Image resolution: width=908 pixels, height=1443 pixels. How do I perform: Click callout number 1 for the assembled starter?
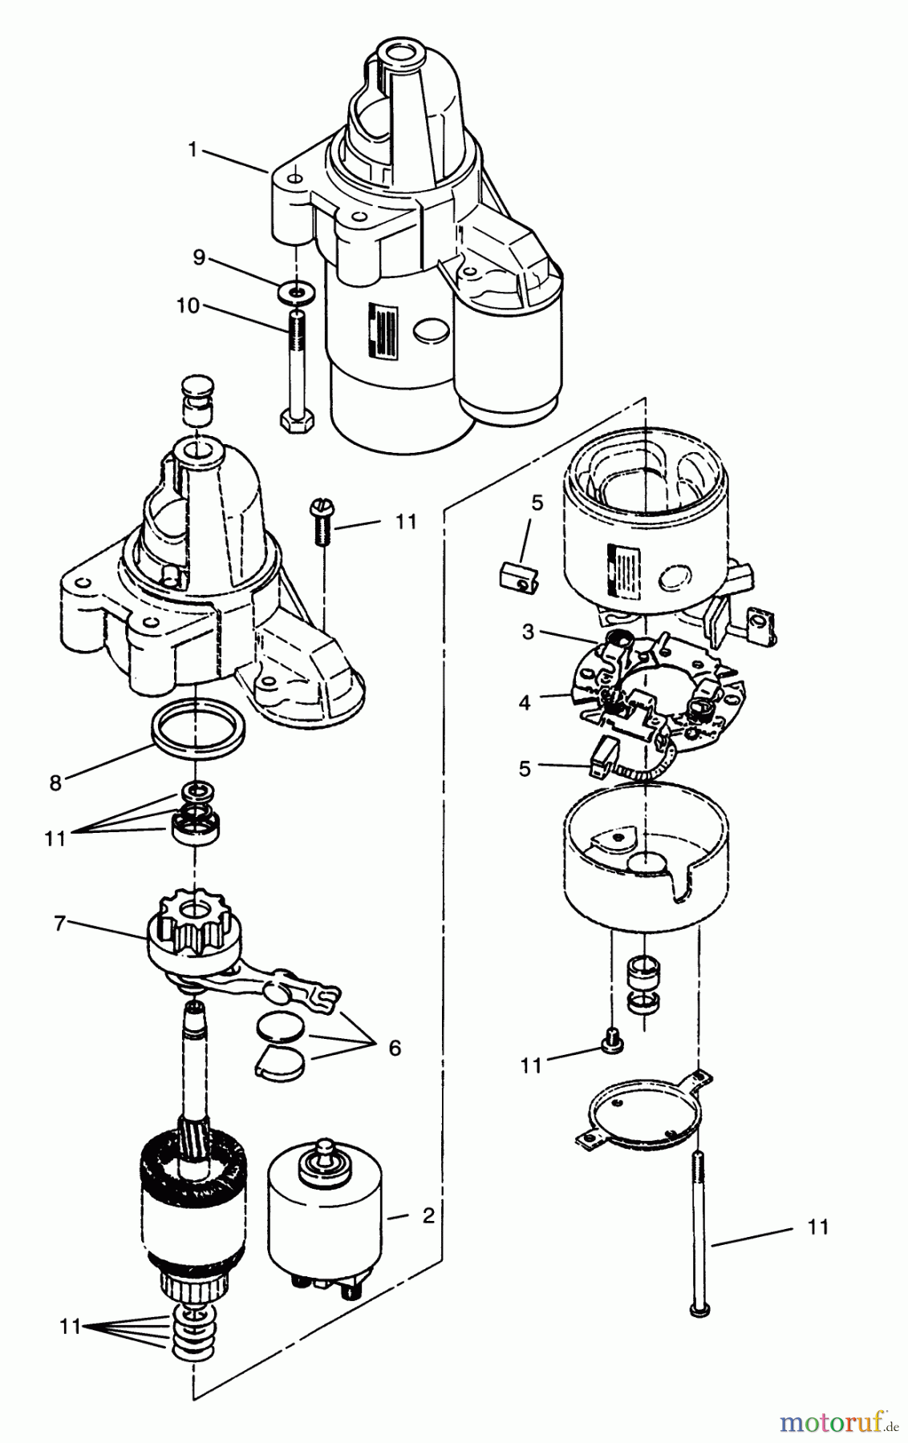tap(193, 148)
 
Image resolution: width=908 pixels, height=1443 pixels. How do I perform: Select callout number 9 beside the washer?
tap(198, 257)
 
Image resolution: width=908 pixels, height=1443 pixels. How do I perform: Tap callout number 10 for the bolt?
tap(188, 306)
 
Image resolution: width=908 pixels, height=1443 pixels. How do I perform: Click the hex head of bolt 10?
tap(297, 420)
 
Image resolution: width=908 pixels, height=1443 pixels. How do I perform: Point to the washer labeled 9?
tap(296, 293)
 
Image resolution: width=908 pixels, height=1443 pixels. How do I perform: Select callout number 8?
tap(55, 783)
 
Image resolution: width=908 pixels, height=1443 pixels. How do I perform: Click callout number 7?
tap(59, 923)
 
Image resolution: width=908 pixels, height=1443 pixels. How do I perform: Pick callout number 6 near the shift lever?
tap(395, 1048)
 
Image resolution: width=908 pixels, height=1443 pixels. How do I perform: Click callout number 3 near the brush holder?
tap(528, 632)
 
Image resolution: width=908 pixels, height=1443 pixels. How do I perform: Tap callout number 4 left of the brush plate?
tap(525, 703)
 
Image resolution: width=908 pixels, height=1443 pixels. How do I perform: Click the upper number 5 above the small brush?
tap(537, 503)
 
